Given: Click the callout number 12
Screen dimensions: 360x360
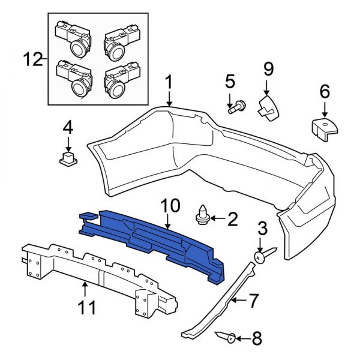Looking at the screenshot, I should (x=34, y=59).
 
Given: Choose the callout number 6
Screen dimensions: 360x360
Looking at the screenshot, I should (x=324, y=92).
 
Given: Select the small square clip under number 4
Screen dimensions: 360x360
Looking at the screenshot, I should (x=67, y=158).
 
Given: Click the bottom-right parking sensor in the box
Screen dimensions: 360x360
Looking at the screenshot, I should (x=117, y=84).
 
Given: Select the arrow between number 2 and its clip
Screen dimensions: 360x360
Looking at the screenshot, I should (x=217, y=220).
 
